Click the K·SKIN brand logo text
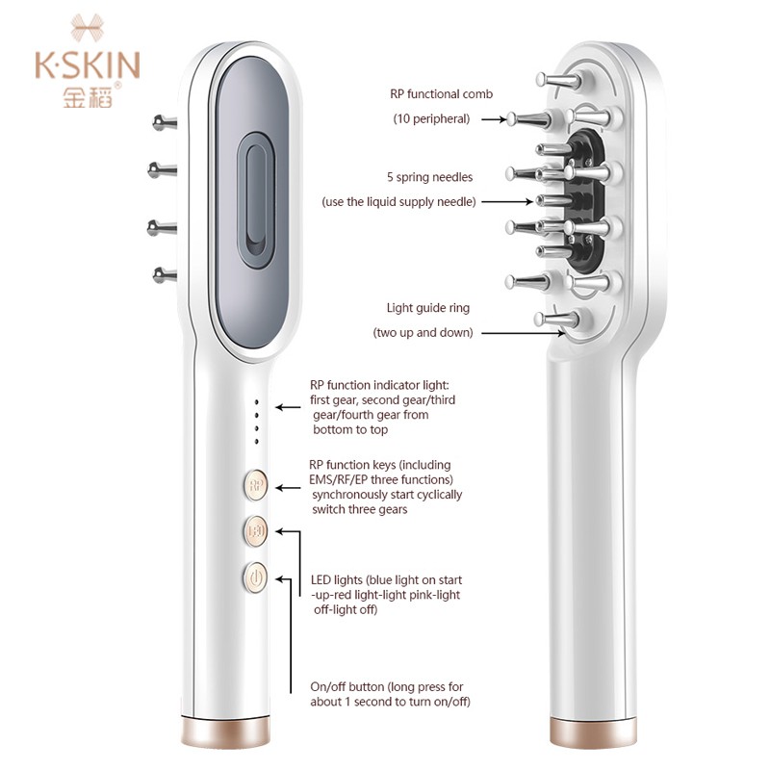(88, 64)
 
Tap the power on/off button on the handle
(255, 578)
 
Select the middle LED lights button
(255, 531)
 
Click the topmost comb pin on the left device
(164, 122)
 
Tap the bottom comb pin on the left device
(164, 275)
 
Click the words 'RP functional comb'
(441, 94)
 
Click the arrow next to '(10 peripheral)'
(492, 119)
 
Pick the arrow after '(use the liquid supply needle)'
(503, 202)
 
